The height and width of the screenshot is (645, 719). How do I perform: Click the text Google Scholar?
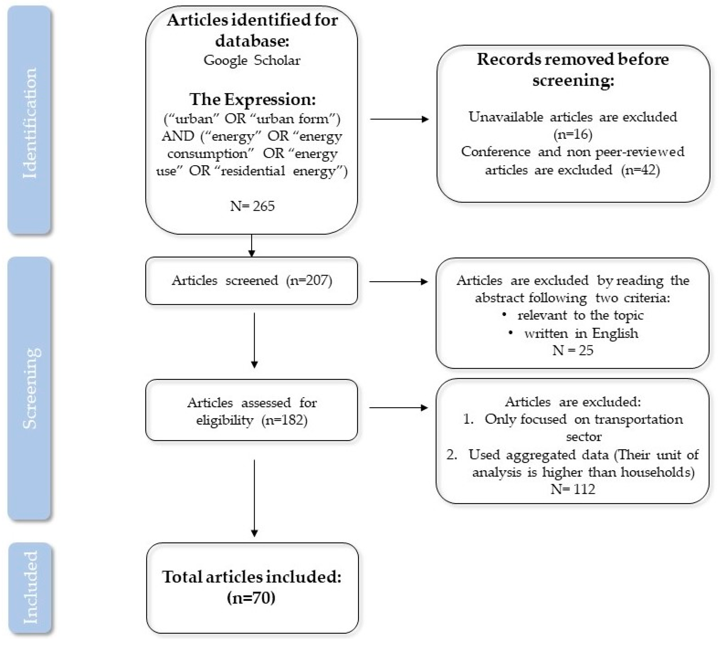(252, 60)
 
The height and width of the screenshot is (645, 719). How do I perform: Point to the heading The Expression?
(252, 99)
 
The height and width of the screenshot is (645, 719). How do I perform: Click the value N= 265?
(252, 206)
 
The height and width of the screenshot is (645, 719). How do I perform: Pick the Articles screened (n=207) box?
(252, 281)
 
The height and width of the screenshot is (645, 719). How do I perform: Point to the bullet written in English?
(581, 333)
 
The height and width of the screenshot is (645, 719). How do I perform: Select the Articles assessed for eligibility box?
(252, 411)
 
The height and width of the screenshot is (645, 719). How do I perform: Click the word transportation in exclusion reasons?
(638, 419)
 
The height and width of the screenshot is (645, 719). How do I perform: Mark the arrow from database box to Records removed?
(399, 119)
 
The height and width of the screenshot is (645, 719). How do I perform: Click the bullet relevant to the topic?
(580, 315)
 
